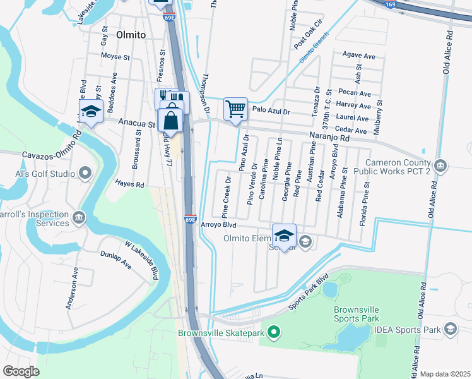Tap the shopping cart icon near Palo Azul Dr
pos(235,109)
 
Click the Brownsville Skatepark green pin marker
pos(273,330)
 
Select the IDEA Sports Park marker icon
pos(451,329)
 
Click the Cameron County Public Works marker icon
pos(442,166)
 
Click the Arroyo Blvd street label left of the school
pos(218,225)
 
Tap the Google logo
pos(21,371)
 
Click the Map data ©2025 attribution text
pos(445,374)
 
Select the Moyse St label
pos(115,56)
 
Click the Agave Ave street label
pos(358,56)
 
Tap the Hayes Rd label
pos(129,184)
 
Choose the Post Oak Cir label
pos(309,39)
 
